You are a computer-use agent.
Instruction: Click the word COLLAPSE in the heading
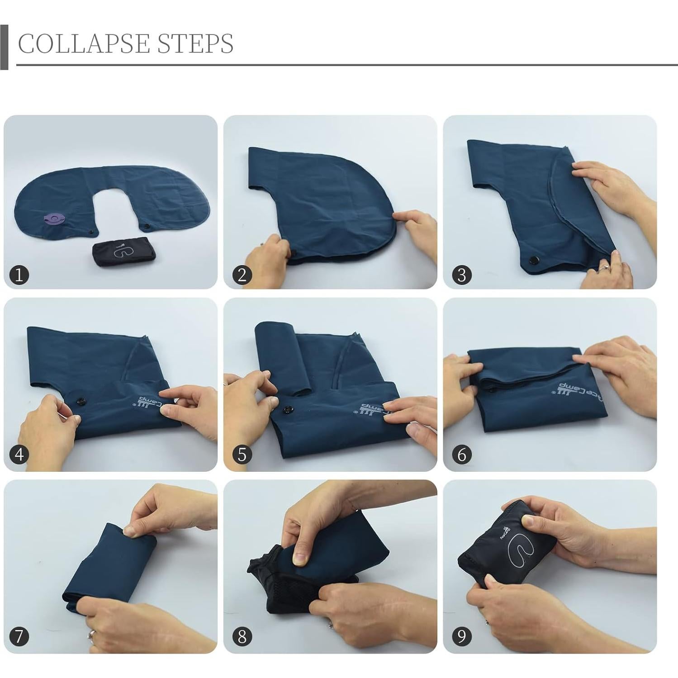pyautogui.click(x=84, y=44)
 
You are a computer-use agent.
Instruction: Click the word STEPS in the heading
pyautogui.click(x=195, y=44)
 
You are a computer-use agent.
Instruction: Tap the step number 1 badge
pyautogui.click(x=19, y=275)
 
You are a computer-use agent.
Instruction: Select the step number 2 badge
pyautogui.click(x=242, y=275)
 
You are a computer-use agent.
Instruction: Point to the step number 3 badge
pyautogui.click(x=461, y=275)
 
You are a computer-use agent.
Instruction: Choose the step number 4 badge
pyautogui.click(x=19, y=454)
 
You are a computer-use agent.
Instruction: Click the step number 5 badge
pyautogui.click(x=242, y=454)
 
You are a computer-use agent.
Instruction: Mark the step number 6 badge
pyautogui.click(x=461, y=454)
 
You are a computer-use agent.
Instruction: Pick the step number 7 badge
pyautogui.click(x=19, y=636)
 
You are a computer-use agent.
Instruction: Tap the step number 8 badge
pyautogui.click(x=242, y=636)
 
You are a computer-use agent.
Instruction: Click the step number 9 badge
pyautogui.click(x=461, y=636)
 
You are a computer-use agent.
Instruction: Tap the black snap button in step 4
pyautogui.click(x=81, y=400)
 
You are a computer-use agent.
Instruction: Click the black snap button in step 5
pyautogui.click(x=287, y=410)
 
